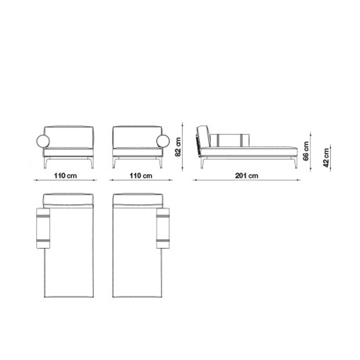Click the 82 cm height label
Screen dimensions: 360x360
pyautogui.click(x=178, y=147)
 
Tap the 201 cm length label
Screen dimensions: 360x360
pyautogui.click(x=247, y=175)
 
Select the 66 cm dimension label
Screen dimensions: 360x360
pyautogui.click(x=306, y=151)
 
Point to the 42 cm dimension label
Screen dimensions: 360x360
pyautogui.click(x=326, y=157)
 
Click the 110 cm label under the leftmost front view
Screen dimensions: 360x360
pyautogui.click(x=65, y=175)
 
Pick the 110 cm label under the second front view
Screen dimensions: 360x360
pyautogui.click(x=141, y=175)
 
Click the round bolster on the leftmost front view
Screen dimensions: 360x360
pyautogui.click(x=43, y=141)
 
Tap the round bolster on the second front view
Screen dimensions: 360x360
pyautogui.click(x=163, y=141)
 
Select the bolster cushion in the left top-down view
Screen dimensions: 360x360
pyautogui.click(x=43, y=228)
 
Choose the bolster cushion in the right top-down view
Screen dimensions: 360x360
pyautogui.click(x=163, y=228)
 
